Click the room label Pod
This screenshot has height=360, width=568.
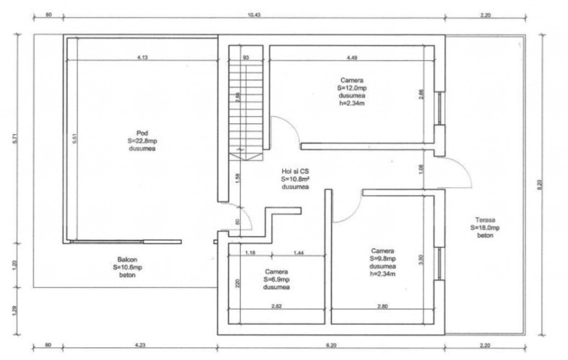click(142, 133)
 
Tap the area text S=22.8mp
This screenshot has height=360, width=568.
click(142, 141)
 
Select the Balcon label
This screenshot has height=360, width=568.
click(127, 259)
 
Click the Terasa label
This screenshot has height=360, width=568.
click(485, 220)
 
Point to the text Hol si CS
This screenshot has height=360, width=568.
click(295, 171)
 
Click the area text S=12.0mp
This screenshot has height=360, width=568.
click(352, 88)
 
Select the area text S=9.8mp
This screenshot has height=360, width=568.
click(383, 258)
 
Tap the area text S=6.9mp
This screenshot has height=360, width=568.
click(276, 279)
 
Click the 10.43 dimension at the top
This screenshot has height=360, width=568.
click(254, 15)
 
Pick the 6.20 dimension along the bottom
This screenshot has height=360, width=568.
click(331, 345)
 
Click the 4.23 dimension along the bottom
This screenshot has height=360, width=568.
click(140, 345)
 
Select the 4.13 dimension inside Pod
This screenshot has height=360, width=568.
click(143, 57)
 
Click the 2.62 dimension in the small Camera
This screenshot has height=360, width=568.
click(276, 306)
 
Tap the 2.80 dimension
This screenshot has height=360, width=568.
click(383, 306)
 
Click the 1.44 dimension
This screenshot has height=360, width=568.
click(298, 253)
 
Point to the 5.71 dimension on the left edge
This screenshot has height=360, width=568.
click(15, 139)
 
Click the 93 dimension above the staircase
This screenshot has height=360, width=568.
click(246, 58)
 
